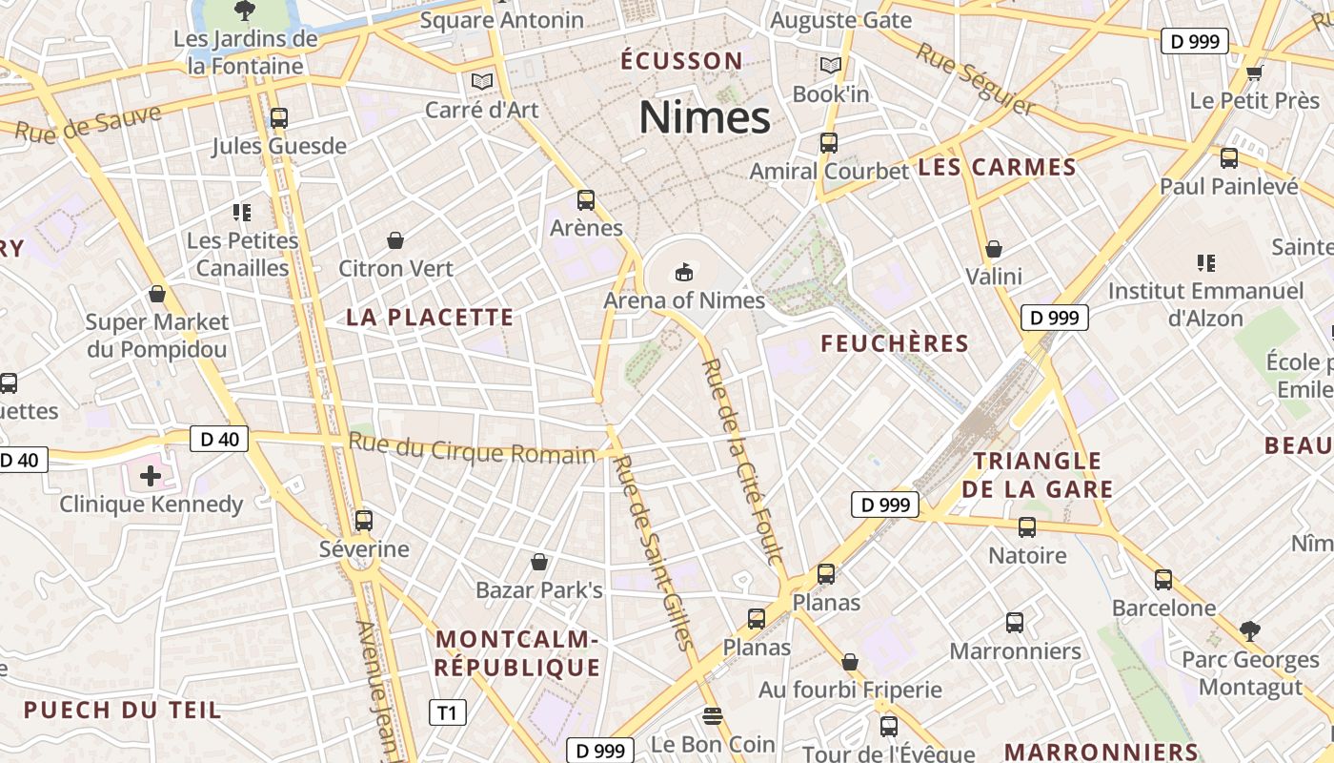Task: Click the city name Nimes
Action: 704,118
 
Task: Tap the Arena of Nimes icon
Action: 683,273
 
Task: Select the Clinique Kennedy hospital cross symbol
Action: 150,475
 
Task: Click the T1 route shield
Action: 448,712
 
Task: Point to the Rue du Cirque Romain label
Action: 472,448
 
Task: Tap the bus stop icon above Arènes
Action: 585,200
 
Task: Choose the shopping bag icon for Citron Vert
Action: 395,240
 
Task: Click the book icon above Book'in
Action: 831,66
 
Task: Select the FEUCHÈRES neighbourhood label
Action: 895,343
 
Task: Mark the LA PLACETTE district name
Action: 430,318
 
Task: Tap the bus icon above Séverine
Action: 363,521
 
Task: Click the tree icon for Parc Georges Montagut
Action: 1249,630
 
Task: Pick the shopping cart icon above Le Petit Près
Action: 1254,72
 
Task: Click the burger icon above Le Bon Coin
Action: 713,715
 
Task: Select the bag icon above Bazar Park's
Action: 539,562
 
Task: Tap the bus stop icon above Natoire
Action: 1026,526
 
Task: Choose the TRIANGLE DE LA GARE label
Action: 1037,475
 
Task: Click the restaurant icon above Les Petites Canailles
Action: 242,212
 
